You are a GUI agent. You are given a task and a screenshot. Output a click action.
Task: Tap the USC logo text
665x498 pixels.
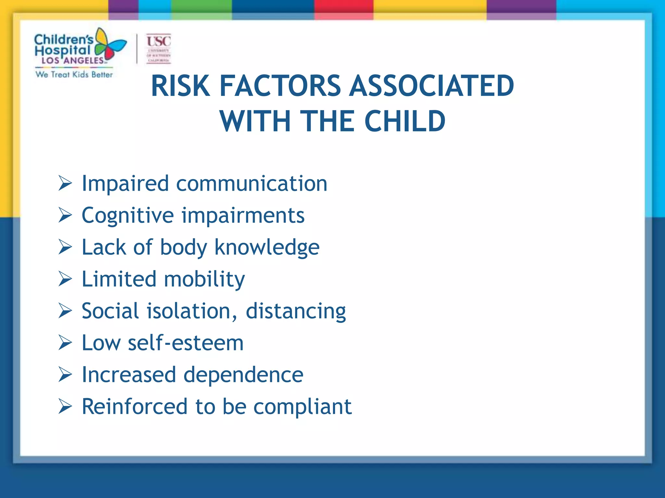point(158,41)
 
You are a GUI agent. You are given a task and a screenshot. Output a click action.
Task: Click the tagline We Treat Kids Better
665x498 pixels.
point(74,75)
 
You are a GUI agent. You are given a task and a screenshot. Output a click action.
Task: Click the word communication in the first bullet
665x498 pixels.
point(252,184)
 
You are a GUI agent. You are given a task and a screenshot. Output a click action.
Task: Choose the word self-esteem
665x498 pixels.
point(185,343)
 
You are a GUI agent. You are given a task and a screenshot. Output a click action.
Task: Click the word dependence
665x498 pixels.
point(243,375)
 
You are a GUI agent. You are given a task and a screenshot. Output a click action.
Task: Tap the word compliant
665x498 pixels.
point(302,407)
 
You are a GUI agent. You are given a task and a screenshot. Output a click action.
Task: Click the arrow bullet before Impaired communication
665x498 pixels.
point(65,183)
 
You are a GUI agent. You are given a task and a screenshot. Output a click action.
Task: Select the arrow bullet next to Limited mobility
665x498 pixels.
point(65,279)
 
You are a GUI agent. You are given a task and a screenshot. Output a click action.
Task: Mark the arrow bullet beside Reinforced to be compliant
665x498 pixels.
point(65,407)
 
